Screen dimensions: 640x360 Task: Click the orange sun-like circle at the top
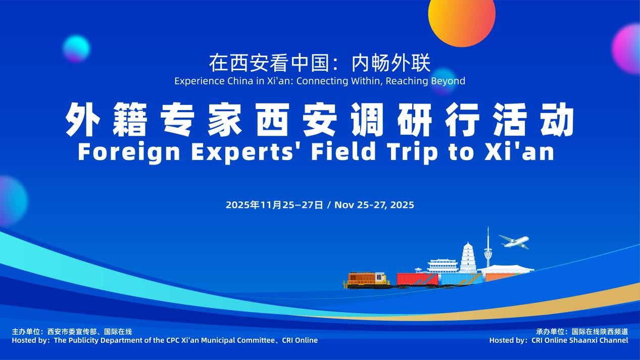462,18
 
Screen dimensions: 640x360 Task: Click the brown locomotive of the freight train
367,280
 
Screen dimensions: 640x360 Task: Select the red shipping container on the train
417,279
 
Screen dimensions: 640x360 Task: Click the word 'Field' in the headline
343,152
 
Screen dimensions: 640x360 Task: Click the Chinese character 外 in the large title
82,119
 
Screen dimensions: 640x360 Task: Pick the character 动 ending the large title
557,119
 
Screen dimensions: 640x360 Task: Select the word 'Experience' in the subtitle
200,81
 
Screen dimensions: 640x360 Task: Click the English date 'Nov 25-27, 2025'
374,205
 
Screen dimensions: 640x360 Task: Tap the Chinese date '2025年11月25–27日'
274,205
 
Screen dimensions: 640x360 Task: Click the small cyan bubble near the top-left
76,49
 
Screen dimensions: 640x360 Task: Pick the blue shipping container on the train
461,279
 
